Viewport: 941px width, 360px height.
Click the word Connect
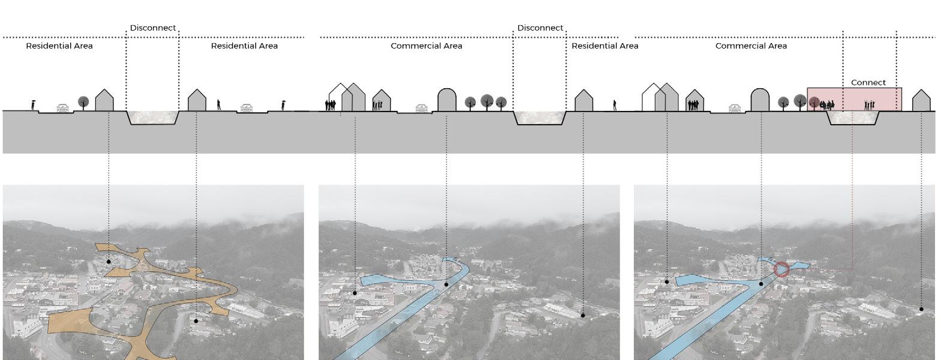point(868,82)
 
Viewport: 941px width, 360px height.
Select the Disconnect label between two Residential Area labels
point(153,28)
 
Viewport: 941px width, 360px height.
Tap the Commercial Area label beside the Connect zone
point(751,46)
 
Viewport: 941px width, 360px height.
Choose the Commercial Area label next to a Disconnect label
point(426,46)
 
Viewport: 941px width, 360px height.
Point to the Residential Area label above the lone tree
point(59,46)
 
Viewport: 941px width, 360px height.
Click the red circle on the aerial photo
point(781,269)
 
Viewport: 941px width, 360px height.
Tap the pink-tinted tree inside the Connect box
point(814,103)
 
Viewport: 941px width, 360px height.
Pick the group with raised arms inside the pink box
point(868,105)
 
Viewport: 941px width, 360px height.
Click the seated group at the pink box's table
point(826,106)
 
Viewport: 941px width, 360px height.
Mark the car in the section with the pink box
point(736,109)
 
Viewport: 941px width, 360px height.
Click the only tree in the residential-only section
point(83,102)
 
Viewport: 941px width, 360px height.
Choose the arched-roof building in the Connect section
point(760,100)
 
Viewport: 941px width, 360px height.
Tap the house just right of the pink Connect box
point(921,101)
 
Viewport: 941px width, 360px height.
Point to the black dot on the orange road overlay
point(109,262)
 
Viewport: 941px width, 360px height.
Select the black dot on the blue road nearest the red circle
point(762,284)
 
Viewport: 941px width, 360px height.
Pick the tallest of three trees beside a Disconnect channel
point(486,100)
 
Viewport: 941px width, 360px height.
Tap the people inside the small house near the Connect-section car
point(694,105)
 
